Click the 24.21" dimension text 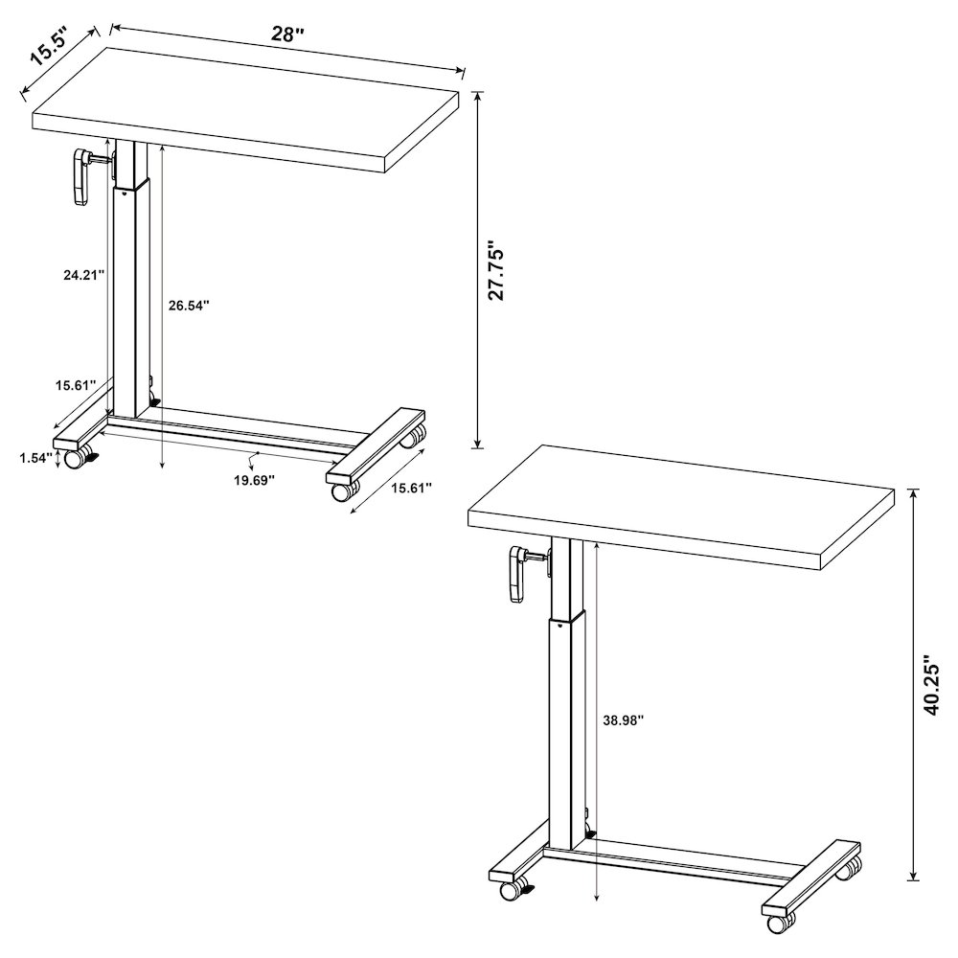pyautogui.click(x=78, y=274)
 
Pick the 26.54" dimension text pyautogui.click(x=188, y=306)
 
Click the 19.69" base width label pyautogui.click(x=254, y=479)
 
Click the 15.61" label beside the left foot pyautogui.click(x=74, y=385)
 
